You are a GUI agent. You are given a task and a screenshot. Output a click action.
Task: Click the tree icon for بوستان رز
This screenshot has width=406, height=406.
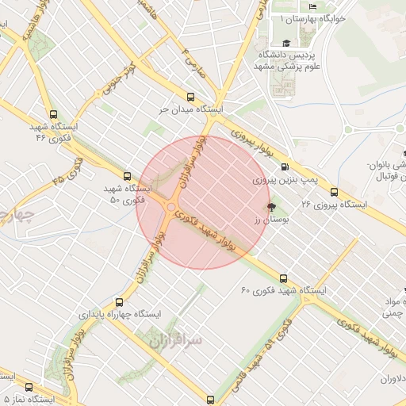[x=271, y=207]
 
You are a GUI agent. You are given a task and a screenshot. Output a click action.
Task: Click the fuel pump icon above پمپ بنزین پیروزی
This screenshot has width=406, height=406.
[x=284, y=167]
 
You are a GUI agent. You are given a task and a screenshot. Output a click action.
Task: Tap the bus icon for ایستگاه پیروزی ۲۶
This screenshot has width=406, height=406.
[x=334, y=191]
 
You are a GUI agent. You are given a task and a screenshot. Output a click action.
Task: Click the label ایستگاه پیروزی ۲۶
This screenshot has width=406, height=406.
[x=335, y=205]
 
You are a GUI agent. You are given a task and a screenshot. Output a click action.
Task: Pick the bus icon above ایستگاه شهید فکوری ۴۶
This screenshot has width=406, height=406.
[x=53, y=113]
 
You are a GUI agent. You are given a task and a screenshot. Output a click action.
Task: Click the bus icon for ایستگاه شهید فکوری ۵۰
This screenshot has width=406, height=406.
[x=126, y=176]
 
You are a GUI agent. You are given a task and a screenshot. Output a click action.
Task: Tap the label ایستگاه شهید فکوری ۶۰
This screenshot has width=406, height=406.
[x=284, y=291]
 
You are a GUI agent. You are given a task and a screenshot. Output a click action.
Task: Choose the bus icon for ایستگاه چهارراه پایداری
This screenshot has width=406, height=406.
[x=119, y=301]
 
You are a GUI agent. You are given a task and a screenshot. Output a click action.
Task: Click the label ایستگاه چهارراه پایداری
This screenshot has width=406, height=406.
[x=119, y=314]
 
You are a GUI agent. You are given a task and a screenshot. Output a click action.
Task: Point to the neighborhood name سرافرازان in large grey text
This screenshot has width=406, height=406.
[x=175, y=340]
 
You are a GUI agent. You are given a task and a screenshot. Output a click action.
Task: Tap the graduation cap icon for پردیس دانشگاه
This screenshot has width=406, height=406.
[x=285, y=44]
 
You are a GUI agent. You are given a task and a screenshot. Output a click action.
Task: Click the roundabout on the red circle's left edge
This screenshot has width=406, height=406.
[x=170, y=208]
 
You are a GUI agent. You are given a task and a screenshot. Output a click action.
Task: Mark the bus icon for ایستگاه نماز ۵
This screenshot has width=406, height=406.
[x=29, y=388]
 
